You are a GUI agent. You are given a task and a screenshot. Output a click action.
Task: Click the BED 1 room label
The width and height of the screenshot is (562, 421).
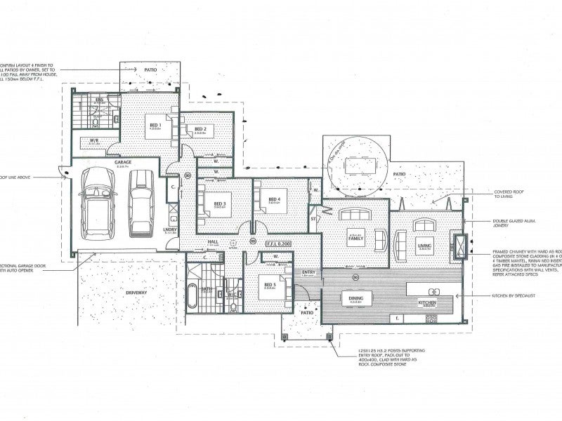155,124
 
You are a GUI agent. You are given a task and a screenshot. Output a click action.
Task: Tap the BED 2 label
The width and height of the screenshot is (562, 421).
200,129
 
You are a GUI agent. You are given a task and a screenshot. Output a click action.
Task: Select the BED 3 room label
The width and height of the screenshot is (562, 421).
219,203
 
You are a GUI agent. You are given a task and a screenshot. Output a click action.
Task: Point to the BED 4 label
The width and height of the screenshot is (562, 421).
275,199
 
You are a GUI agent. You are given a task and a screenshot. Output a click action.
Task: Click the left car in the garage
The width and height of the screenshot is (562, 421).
96,203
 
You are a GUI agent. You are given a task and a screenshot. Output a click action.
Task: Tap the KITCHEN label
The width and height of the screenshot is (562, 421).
429,302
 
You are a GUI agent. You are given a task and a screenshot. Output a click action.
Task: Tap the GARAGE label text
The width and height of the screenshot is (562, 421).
124,162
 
